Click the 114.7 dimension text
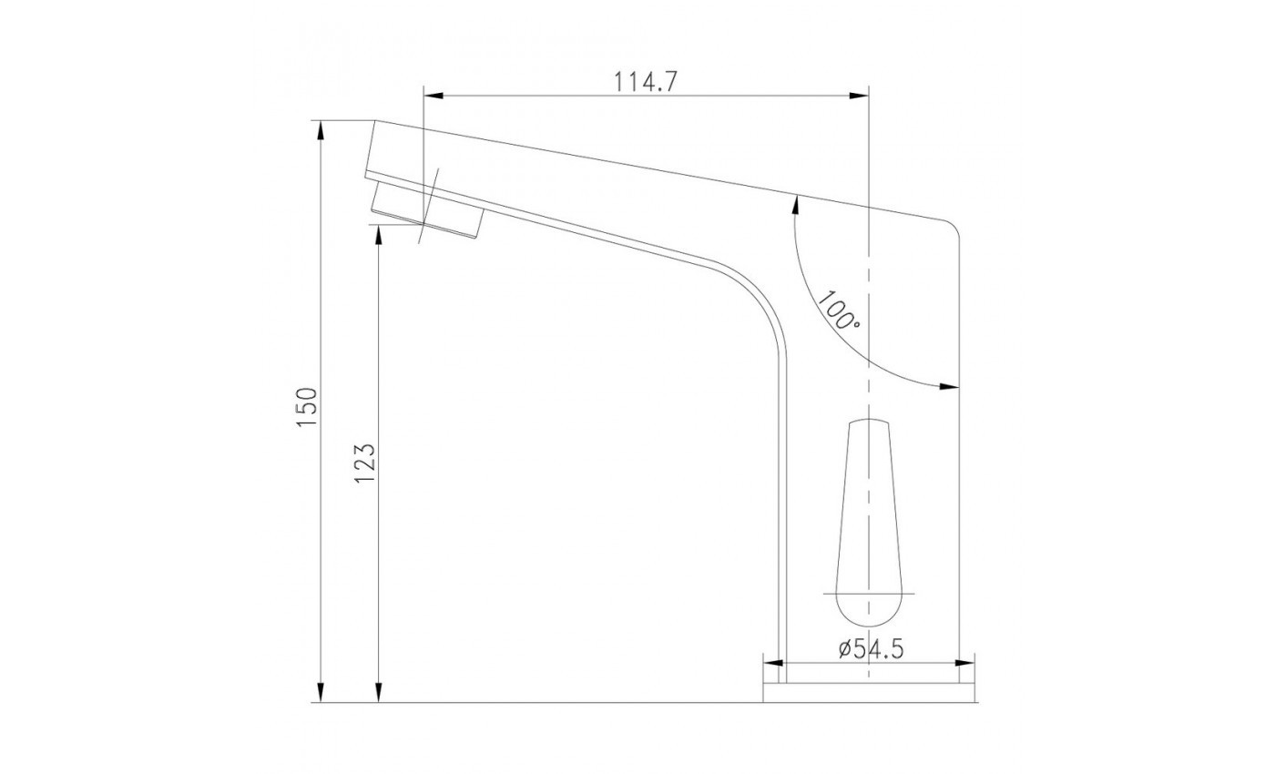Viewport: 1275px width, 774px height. (x=645, y=83)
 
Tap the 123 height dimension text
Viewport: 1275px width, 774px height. (x=365, y=463)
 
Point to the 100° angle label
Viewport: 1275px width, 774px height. (x=838, y=311)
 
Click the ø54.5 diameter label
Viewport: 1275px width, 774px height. (x=871, y=648)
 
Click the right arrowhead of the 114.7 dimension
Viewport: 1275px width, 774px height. (x=859, y=96)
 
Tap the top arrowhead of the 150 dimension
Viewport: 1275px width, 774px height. (x=321, y=131)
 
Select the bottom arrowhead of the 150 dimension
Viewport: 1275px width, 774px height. (x=321, y=692)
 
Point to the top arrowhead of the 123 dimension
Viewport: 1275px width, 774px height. (x=379, y=235)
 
